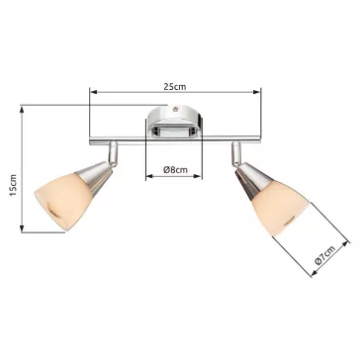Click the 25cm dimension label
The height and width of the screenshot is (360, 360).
[175, 87]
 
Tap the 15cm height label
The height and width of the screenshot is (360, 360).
[13, 186]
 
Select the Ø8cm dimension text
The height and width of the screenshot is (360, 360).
[175, 170]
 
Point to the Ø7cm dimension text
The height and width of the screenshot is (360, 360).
[325, 255]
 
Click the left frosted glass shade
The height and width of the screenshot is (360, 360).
[61, 201]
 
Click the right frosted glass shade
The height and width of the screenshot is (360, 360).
[281, 208]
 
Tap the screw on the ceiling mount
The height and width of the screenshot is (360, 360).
[175, 108]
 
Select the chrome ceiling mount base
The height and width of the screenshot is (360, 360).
[174, 122]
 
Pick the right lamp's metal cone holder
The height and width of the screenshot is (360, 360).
[252, 181]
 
